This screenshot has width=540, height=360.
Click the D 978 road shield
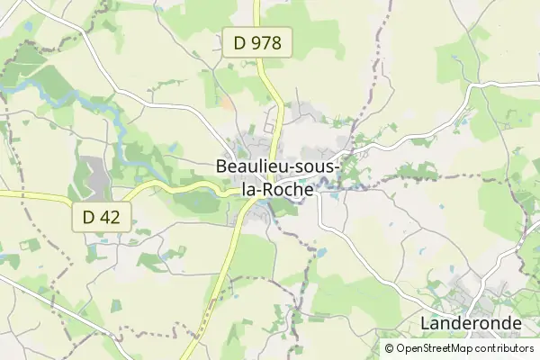pos(257,42)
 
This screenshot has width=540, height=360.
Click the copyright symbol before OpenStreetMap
pos(390,348)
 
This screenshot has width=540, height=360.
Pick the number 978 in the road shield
pos(267,42)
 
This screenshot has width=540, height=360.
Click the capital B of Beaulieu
pos(222,167)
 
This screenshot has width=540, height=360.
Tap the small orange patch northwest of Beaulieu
pos(226,103)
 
